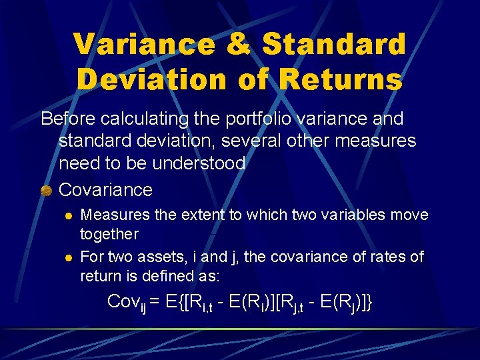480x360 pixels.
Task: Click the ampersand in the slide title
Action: pos(239,44)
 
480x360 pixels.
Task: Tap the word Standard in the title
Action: pos(334,44)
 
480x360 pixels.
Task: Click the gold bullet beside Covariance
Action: pos(46,191)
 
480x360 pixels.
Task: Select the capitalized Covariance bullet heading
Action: pos(105,189)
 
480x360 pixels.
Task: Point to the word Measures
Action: pos(110,215)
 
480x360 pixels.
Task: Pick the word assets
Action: pos(155,257)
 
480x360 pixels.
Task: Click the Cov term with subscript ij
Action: pos(127,301)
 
